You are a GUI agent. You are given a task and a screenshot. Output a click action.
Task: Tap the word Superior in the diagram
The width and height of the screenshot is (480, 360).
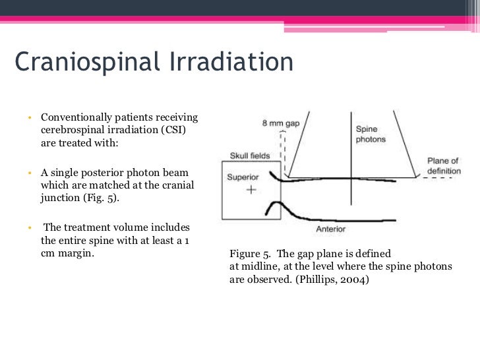coord(243,177)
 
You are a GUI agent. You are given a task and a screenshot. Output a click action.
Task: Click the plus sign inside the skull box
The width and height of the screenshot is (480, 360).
coord(251,190)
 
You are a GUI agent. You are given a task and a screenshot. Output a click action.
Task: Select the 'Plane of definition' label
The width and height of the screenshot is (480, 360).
coord(444,165)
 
